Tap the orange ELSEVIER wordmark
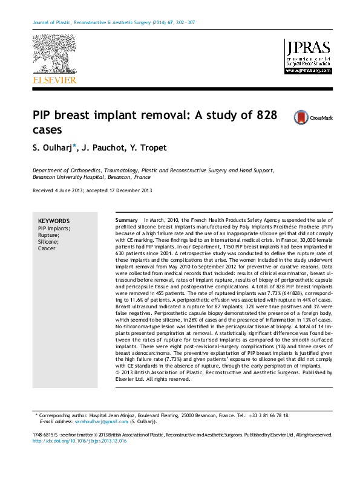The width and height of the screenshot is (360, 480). coord(54,79)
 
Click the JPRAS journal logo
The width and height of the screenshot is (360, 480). coord(308,53)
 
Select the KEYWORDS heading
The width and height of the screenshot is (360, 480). coord(54,221)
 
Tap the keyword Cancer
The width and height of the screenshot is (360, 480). coord(47,248)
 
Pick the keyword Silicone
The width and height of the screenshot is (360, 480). coord(48,242)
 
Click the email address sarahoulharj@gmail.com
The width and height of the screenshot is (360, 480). coord(99,421)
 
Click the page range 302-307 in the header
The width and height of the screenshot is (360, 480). coord(183,23)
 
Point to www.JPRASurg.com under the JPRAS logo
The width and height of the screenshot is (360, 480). coord(308,70)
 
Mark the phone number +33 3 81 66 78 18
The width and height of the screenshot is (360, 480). coord(267,415)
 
